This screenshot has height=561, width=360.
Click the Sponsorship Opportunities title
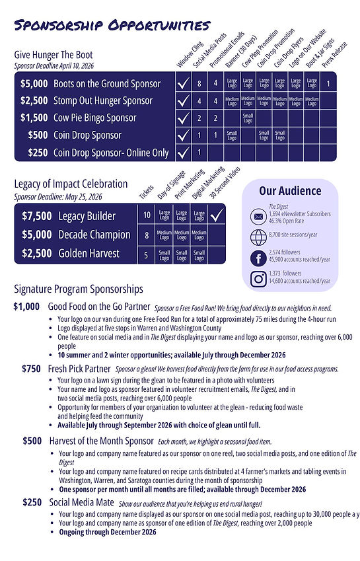pyautogui.click(x=112, y=26)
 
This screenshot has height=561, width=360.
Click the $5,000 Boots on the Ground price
pyautogui.click(x=33, y=84)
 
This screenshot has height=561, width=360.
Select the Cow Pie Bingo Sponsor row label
pyautogui.click(x=95, y=118)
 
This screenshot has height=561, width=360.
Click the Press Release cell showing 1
pyautogui.click(x=328, y=84)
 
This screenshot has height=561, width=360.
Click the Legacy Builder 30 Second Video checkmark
pyautogui.click(x=216, y=215)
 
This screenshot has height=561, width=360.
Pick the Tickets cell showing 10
pyautogui.click(x=147, y=215)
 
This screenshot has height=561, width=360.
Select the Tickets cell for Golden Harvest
pyautogui.click(x=147, y=253)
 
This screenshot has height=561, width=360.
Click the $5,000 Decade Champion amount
pyautogui.click(x=37, y=235)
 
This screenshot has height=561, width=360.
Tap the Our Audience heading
pyautogui.click(x=289, y=191)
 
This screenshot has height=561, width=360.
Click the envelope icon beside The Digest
pyautogui.click(x=258, y=216)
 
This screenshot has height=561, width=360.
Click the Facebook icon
pyautogui.click(x=258, y=258)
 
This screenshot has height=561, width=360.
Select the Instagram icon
pyautogui.click(x=258, y=279)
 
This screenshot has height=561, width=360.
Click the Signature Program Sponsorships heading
pyautogui.click(x=78, y=289)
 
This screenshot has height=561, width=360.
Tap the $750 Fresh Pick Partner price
pyautogui.click(x=32, y=369)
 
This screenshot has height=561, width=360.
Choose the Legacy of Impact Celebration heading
pyautogui.click(x=71, y=184)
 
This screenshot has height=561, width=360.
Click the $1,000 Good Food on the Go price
pyautogui.click(x=27, y=307)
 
